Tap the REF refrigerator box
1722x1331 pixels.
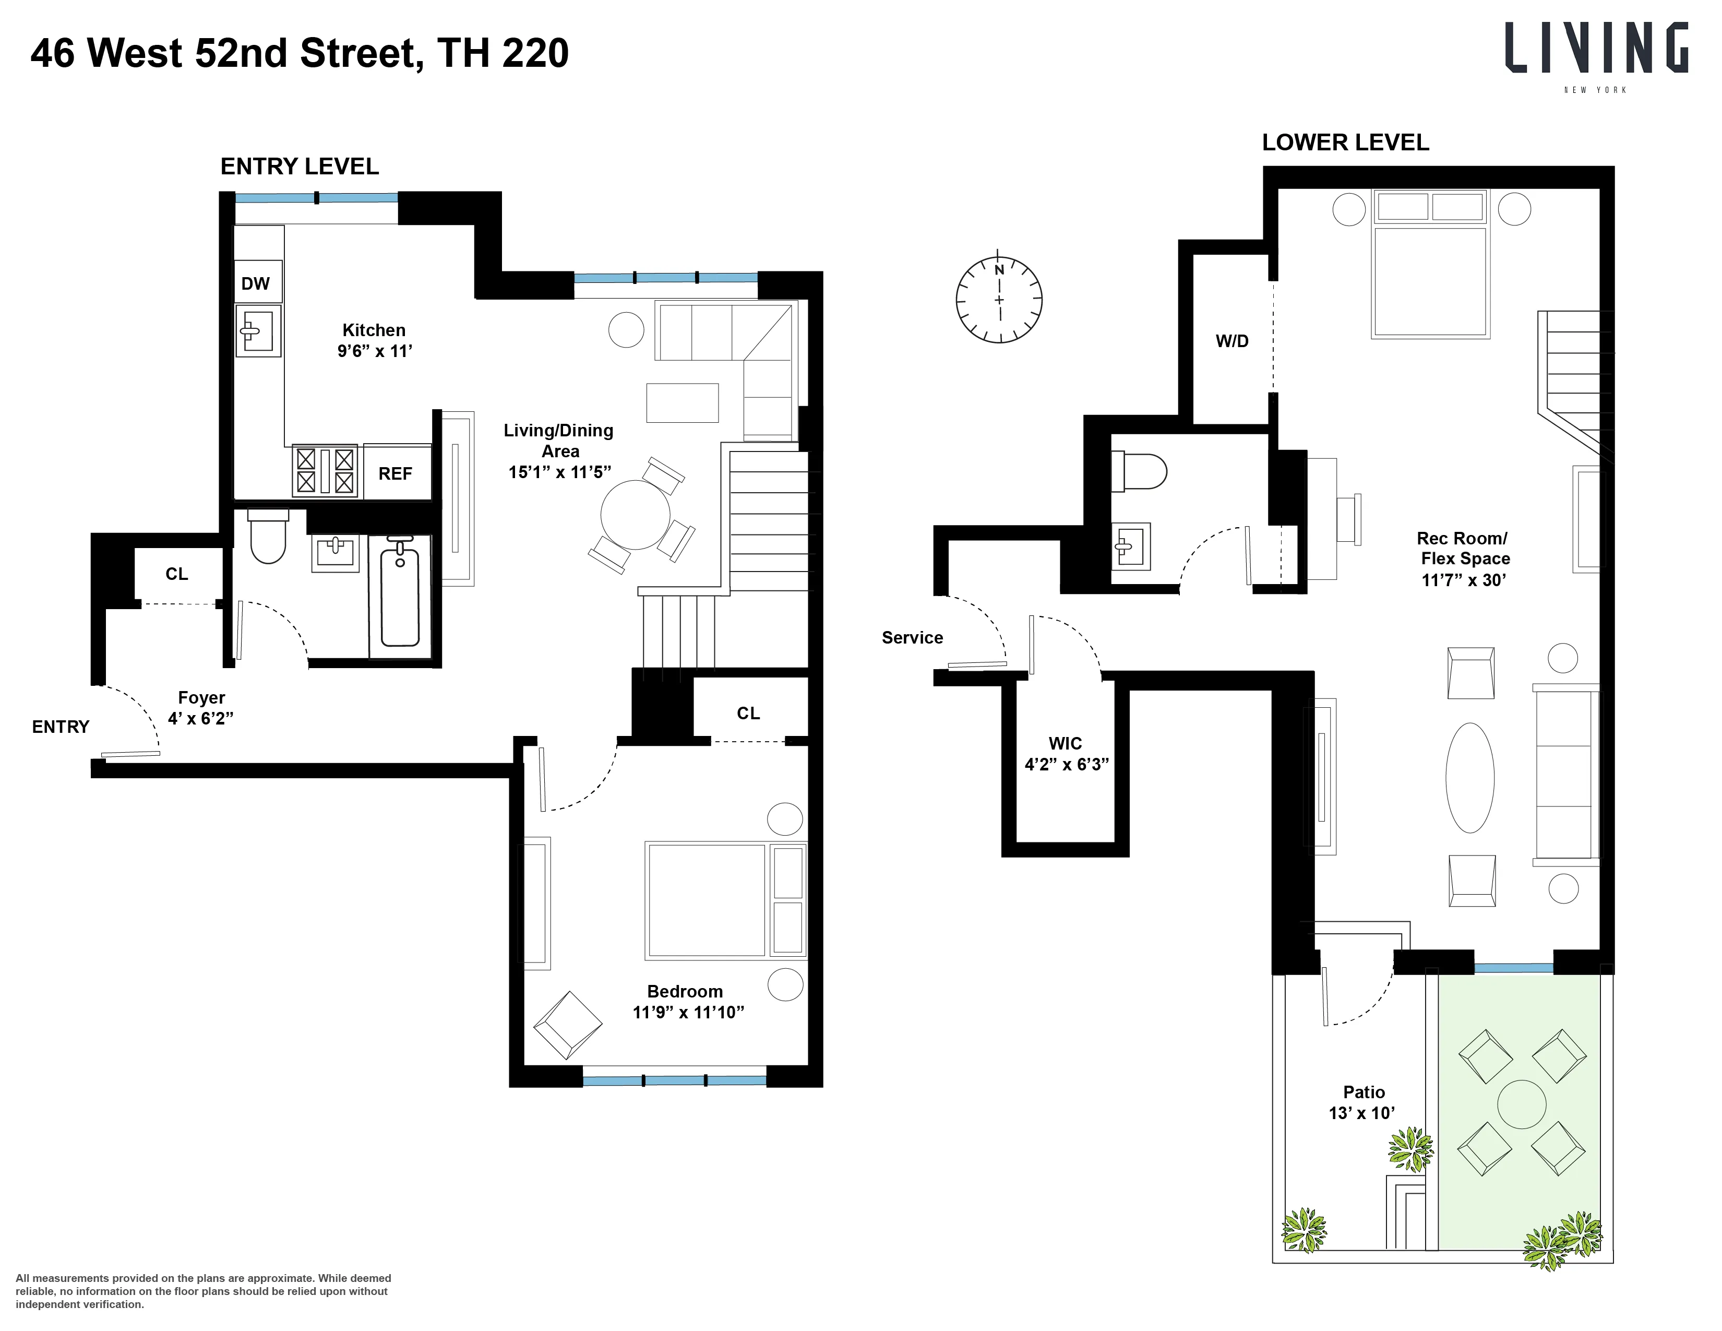[x=396, y=473]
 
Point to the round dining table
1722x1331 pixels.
[x=636, y=515]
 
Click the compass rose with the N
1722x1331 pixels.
[x=999, y=300]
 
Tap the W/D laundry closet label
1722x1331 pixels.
[x=1231, y=341]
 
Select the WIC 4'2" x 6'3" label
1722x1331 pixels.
[x=1066, y=754]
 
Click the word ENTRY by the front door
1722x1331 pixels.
[x=61, y=727]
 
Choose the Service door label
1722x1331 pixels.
[x=912, y=637]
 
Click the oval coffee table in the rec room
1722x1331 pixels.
[x=1469, y=778]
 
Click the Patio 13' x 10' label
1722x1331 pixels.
[x=1363, y=1102]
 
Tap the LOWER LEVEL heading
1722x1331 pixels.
[x=1345, y=142]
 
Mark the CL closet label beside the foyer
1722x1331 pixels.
[x=176, y=574]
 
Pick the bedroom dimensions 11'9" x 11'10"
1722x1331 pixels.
[x=688, y=1013]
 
